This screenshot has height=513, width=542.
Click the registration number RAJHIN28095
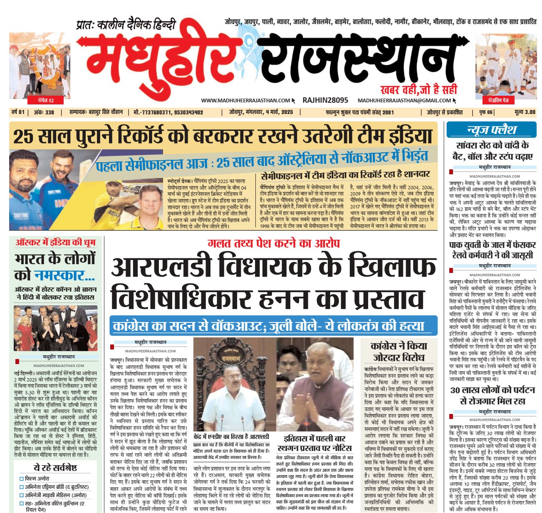(x=325, y=100)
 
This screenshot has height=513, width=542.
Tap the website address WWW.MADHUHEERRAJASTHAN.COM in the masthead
(x=245, y=100)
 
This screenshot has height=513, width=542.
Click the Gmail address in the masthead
(x=404, y=100)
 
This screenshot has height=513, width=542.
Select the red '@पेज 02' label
(x=46, y=100)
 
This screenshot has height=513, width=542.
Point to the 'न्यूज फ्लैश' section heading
(x=491, y=129)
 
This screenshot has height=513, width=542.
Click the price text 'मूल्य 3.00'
(x=525, y=112)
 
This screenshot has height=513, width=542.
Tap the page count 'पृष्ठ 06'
(x=486, y=112)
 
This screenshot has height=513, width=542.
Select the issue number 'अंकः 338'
(x=44, y=112)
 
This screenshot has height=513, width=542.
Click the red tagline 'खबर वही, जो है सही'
(x=418, y=89)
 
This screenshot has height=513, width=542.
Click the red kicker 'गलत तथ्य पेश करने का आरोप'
(x=274, y=243)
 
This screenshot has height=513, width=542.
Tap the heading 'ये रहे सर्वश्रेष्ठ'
(x=55, y=467)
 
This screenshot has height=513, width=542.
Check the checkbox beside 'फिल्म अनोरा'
(x=22, y=478)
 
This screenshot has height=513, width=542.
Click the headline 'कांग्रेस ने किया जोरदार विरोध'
(x=399, y=352)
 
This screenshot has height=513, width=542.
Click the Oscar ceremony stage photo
(x=56, y=328)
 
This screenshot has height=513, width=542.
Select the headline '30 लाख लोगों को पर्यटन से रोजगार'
(x=493, y=396)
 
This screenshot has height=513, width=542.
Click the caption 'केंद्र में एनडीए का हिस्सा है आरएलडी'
(x=231, y=436)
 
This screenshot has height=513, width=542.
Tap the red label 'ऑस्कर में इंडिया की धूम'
(x=55, y=242)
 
